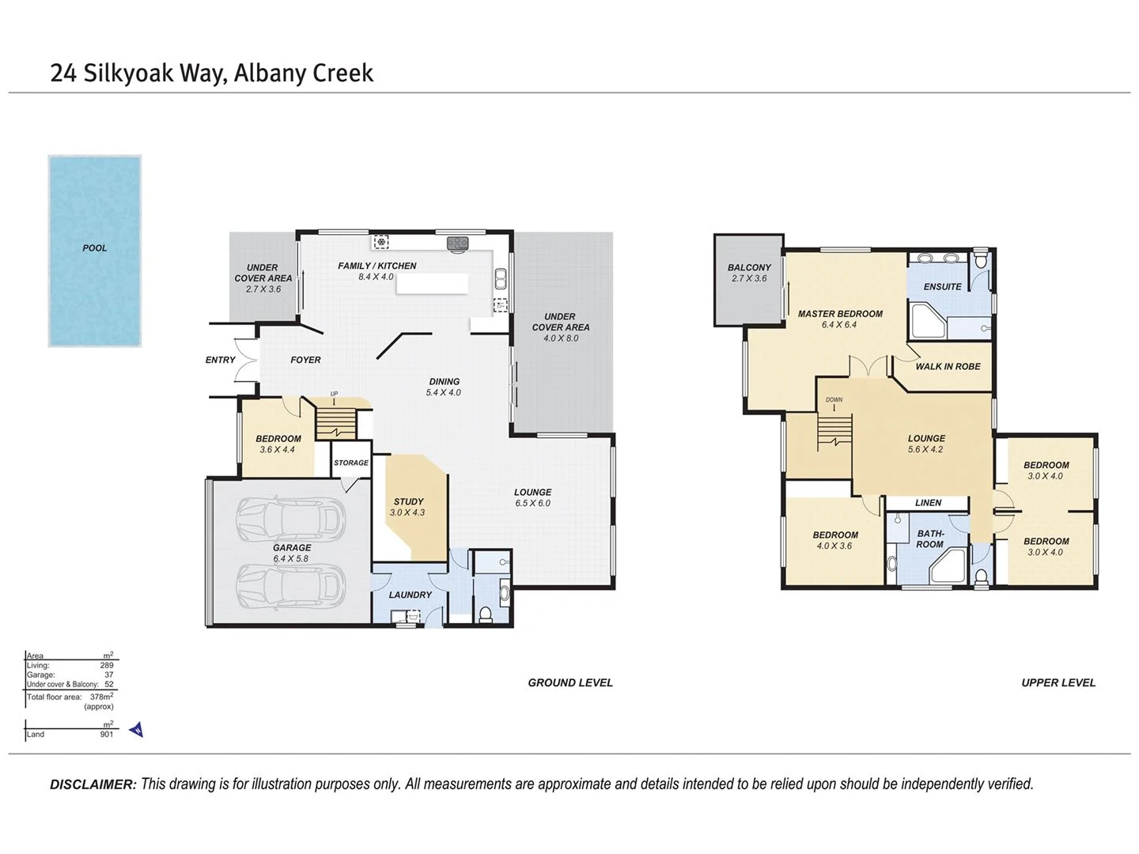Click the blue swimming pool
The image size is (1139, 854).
(94, 251)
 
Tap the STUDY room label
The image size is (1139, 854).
(408, 501)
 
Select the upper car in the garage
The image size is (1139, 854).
(291, 519)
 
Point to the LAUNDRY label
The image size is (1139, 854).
(411, 595)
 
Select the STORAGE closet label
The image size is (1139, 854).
(351, 463)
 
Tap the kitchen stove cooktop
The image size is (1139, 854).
(458, 243)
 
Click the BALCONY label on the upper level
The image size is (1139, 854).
(749, 267)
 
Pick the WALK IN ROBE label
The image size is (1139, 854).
(948, 366)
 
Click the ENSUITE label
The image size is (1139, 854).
(942, 286)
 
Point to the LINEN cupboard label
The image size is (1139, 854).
(928, 502)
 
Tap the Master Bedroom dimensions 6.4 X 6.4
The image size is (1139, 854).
(839, 324)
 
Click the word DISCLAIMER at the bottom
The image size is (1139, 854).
(93, 784)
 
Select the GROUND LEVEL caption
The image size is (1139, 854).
(570, 682)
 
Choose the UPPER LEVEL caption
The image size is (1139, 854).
(1058, 682)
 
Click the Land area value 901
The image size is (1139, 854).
(107, 734)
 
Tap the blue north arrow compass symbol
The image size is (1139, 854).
(137, 729)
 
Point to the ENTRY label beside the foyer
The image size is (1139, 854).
(220, 360)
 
